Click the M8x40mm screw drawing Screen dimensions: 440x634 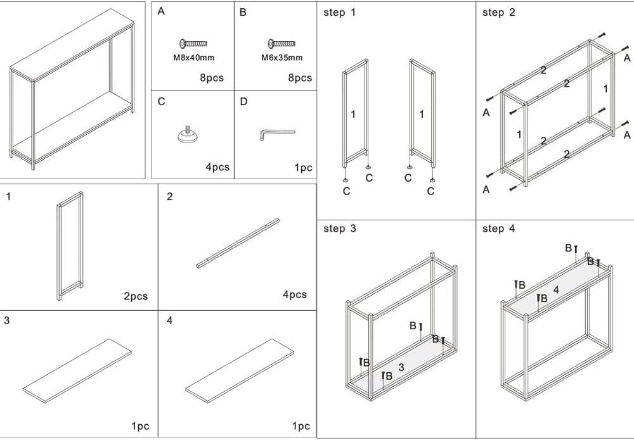click(193, 44)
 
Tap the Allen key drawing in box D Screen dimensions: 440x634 click(276, 134)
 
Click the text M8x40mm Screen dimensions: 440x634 click(193, 58)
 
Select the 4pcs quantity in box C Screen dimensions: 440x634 click(217, 168)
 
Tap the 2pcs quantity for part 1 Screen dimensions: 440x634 click(136, 296)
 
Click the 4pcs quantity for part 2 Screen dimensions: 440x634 click(294, 294)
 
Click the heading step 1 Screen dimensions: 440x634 click(340, 13)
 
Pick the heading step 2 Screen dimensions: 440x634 click(499, 13)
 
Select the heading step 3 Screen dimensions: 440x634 click(340, 229)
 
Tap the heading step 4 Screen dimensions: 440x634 click(499, 229)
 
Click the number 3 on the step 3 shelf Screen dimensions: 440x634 click(401, 367)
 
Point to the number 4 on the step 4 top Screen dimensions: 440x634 click(556, 290)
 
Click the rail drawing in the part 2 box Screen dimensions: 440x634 click(238, 242)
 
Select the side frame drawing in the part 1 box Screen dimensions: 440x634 click(70, 246)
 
